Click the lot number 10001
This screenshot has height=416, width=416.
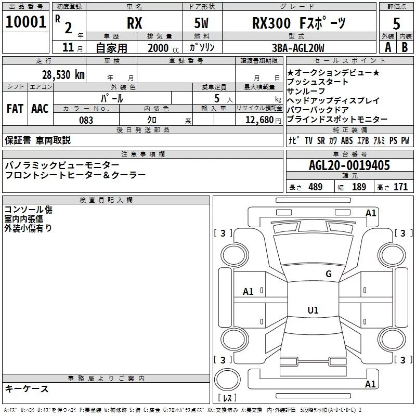(25, 22)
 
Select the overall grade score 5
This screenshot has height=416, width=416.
(396, 23)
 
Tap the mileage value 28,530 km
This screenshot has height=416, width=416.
(63, 75)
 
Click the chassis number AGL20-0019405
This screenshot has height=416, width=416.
(349, 165)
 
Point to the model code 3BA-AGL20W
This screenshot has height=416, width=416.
(298, 48)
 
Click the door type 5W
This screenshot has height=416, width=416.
(201, 23)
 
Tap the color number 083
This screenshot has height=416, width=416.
(86, 120)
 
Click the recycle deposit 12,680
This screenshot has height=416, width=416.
(259, 120)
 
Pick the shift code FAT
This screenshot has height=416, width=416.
(15, 109)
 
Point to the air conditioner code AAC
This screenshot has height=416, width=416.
(40, 109)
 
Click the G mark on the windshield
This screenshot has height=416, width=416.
(329, 274)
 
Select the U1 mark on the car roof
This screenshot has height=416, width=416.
(313, 310)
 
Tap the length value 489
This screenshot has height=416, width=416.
(316, 187)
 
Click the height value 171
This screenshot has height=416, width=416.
(400, 187)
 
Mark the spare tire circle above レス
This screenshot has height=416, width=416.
(227, 379)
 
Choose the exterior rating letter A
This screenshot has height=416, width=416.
(388, 47)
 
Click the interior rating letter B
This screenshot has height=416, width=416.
(405, 47)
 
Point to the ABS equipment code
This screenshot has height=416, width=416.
(347, 140)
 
